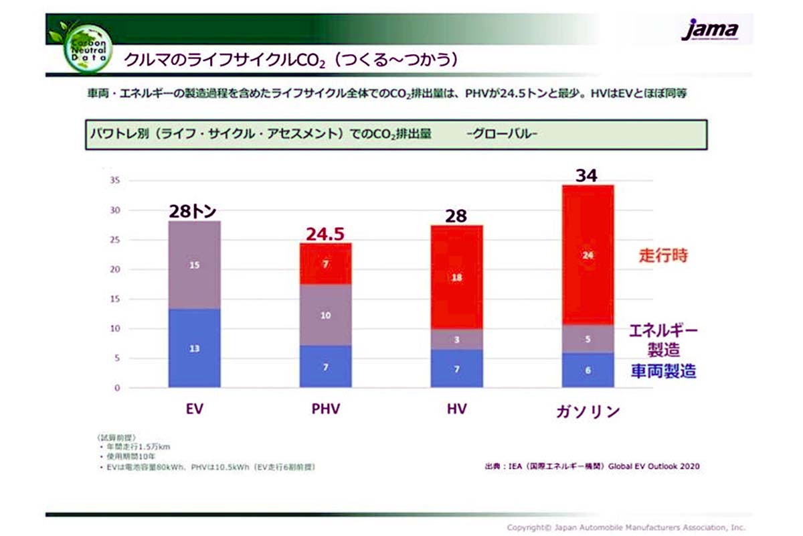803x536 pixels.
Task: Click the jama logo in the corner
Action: pos(710,29)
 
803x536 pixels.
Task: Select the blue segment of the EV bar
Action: pos(195,348)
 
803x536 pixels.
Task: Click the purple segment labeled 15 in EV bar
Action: pos(195,265)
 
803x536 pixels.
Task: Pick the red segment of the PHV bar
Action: pos(325,263)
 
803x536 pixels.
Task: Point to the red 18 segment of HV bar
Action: pos(456,277)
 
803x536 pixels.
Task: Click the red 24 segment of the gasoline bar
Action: pos(587,255)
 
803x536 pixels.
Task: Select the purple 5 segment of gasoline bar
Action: pos(587,339)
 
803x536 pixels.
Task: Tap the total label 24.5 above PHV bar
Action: pos(325,234)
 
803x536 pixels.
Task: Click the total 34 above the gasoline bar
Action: pos(587,176)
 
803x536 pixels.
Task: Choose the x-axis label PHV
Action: pos(325,409)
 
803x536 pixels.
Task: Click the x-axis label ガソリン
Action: pos(587,410)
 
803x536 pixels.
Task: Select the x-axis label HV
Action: pos(456,409)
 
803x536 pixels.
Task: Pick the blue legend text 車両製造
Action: pos(662,371)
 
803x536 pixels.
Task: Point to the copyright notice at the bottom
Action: pos(625,527)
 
